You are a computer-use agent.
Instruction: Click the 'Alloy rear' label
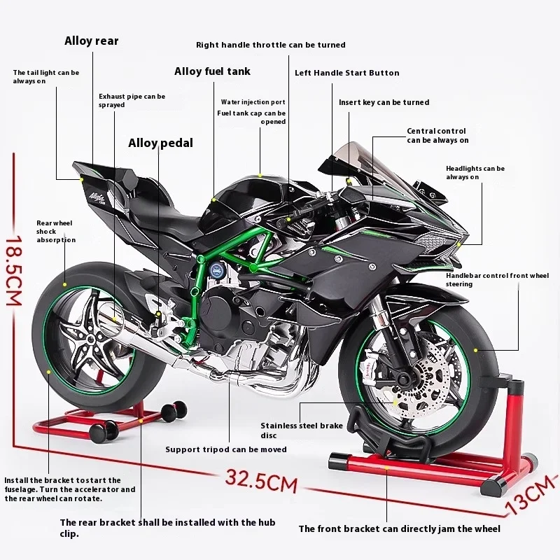[92, 41]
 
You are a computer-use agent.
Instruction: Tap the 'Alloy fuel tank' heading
[212, 71]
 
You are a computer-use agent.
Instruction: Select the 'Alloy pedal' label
[160, 143]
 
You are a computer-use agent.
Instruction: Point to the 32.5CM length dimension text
[261, 482]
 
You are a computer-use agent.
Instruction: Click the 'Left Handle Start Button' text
[346, 73]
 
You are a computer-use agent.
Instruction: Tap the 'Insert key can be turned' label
[384, 102]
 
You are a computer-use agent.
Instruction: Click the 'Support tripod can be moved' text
[226, 449]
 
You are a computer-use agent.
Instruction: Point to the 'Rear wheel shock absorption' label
[55, 232]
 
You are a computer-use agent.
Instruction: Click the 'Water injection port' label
[253, 102]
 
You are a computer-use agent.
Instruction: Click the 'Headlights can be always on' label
[475, 173]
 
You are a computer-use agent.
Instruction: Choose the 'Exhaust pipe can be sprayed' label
[132, 100]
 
